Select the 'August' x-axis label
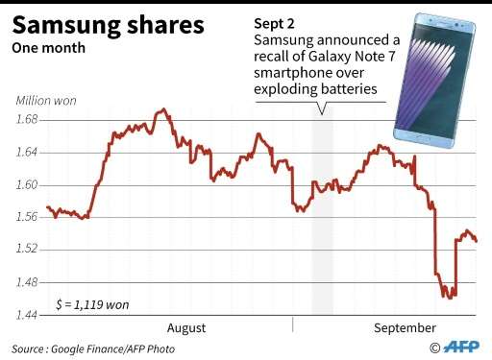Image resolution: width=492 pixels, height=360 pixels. [x=186, y=327]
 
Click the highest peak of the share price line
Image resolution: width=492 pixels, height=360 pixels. [x=162, y=109]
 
